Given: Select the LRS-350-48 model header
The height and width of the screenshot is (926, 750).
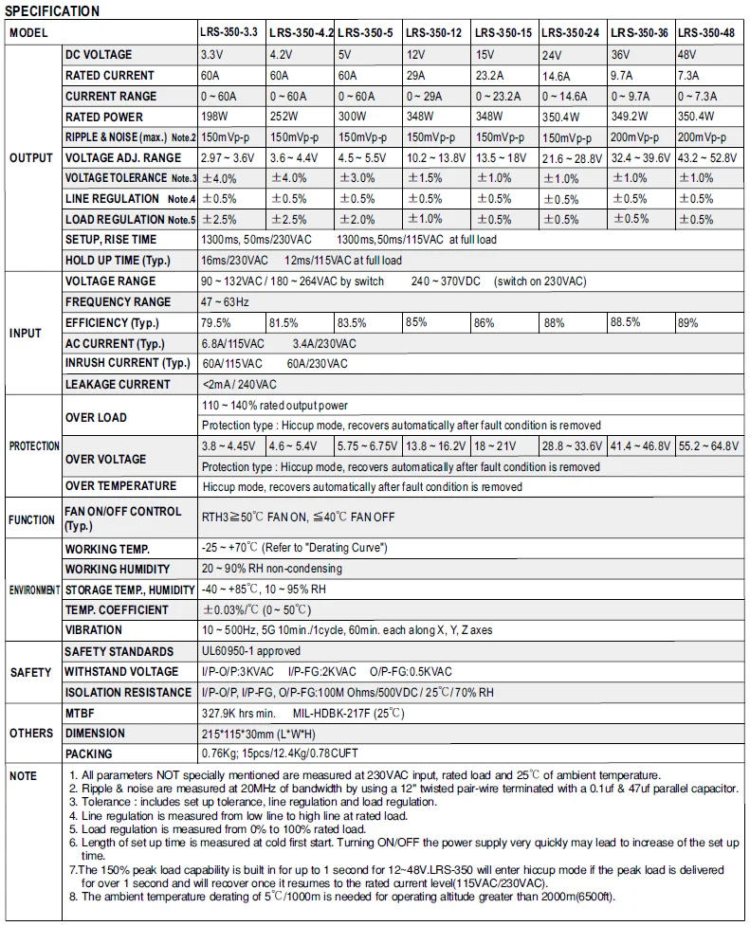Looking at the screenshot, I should (708, 33).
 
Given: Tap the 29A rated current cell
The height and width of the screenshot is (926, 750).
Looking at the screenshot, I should (418, 75).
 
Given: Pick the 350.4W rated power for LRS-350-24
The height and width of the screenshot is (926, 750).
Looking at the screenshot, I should (561, 118).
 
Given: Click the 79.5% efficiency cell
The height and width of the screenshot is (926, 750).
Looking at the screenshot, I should (217, 322).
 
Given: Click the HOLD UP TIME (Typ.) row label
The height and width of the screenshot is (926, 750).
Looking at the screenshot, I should (116, 261).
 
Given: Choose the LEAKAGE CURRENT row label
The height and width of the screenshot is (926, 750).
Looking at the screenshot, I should (118, 384).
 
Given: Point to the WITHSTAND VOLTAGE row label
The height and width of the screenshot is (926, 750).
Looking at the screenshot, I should (121, 672).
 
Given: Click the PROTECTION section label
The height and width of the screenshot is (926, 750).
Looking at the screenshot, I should (34, 445).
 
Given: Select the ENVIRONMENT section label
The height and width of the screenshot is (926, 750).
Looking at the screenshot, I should (34, 590).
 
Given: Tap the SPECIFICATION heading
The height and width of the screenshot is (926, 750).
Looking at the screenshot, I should (52, 11).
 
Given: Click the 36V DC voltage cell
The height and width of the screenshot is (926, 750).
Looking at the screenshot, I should (621, 55).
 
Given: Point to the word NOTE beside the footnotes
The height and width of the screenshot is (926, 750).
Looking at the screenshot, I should (23, 776).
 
